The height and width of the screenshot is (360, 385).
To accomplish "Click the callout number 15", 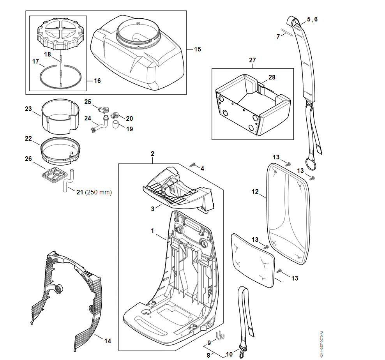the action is click(x=198, y=49).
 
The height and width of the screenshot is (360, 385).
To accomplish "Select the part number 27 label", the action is click(x=253, y=60).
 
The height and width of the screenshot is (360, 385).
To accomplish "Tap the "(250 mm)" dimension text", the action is click(x=98, y=192).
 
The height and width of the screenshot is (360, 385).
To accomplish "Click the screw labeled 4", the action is click(x=193, y=165).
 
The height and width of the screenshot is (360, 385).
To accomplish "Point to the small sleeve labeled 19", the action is click(x=116, y=124).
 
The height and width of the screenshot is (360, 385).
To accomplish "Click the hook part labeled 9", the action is click(x=220, y=335).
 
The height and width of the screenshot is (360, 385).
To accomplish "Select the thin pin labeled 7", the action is click(x=287, y=32).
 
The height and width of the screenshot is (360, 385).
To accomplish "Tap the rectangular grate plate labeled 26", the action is click(x=55, y=175).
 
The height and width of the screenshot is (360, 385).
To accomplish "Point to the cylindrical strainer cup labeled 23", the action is click(x=60, y=116).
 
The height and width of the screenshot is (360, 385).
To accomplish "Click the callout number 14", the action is click(x=108, y=341).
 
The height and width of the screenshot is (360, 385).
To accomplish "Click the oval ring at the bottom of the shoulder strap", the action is click(x=311, y=164).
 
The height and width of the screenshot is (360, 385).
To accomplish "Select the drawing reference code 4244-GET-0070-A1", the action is click(x=321, y=344).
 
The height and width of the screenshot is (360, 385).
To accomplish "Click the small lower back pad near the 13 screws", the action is click(x=253, y=260).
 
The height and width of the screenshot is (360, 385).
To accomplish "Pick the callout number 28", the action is click(x=272, y=78).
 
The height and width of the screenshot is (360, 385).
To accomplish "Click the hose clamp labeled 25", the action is click(x=103, y=108).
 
